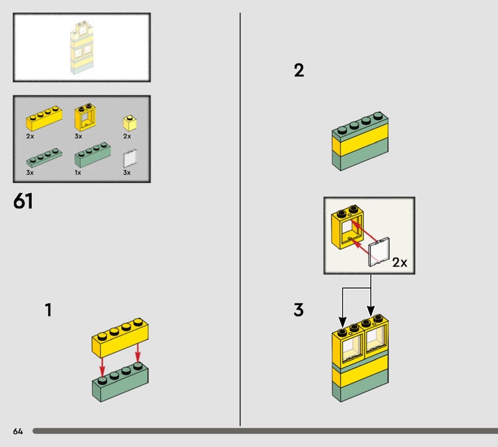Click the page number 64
[18, 431]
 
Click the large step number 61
[23, 201]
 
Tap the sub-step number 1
[49, 310]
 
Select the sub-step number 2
[299, 70]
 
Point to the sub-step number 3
[299, 310]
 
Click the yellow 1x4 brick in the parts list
[44, 118]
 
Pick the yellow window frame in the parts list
[85, 116]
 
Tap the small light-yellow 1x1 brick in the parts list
[130, 123]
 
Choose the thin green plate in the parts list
[44, 158]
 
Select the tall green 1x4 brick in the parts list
[93, 155]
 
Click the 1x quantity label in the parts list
[78, 172]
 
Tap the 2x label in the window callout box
[400, 263]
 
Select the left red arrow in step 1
[102, 367]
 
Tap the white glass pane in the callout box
[379, 252]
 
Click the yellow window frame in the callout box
[347, 227]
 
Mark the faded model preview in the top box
[82, 48]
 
